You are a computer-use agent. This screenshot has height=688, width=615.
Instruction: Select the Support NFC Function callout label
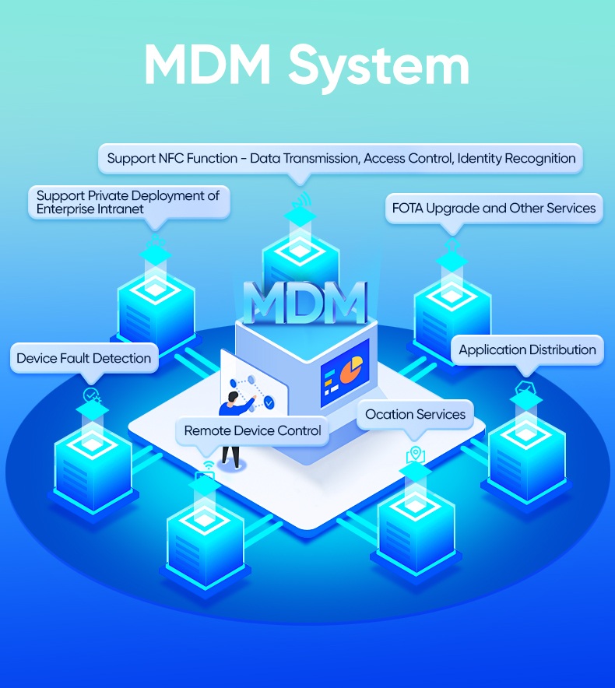341,158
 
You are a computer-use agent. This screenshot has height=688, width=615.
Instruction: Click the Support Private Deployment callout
128,202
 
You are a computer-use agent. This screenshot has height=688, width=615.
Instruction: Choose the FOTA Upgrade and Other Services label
494,208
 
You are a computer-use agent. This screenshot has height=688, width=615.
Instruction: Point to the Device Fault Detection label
83,358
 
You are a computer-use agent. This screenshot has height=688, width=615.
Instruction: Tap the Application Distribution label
527,349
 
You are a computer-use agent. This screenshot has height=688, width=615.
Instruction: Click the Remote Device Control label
252,430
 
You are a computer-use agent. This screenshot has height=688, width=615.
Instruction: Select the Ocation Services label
415,414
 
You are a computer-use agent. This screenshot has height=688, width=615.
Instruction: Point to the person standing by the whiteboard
232,428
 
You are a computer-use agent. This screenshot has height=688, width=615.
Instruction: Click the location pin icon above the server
416,455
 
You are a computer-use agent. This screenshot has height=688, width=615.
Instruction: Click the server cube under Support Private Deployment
156,307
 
